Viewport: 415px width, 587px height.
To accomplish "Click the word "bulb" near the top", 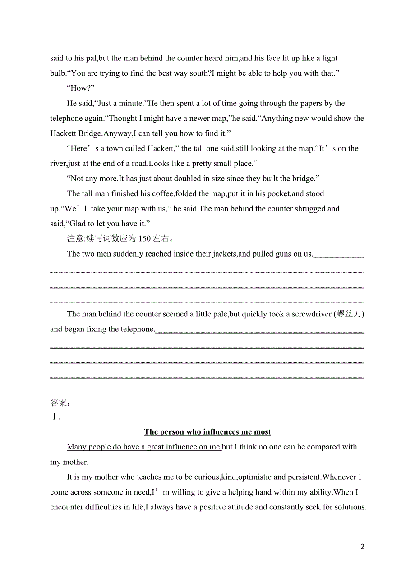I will click(57, 73).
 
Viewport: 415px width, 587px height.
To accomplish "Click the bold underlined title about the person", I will click(207, 432).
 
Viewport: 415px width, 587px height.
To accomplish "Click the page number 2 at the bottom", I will click(362, 546).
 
